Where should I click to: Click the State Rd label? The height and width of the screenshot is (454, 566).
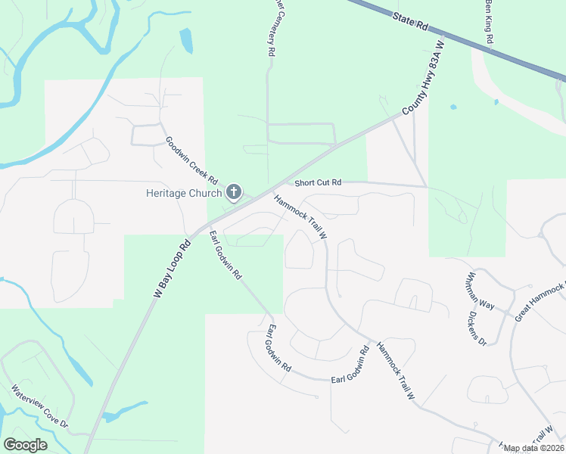411,21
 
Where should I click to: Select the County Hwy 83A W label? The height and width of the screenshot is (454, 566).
425,87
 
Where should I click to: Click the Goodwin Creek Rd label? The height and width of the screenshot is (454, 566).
191,161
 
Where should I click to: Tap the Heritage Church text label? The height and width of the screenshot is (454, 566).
182,192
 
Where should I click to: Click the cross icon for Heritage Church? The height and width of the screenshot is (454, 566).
234,192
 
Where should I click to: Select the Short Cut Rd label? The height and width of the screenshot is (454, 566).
319,182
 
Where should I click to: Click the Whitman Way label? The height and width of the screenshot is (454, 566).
480,291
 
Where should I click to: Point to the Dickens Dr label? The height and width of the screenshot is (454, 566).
476,328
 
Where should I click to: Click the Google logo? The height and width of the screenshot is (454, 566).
25,445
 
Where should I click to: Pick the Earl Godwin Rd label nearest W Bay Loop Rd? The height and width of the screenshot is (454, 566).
226,254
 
